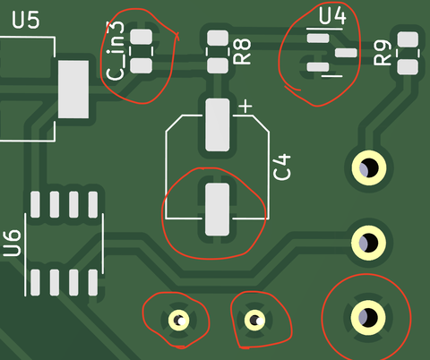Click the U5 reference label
(x=26, y=20)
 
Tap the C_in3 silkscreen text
(x=116, y=51)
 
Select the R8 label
(x=242, y=51)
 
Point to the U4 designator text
(x=332, y=15)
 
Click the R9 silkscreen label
(x=383, y=53)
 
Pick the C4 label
(x=282, y=167)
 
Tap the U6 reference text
(x=13, y=244)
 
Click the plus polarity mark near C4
(x=245, y=107)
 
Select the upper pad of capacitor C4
(x=218, y=124)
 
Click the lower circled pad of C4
(x=218, y=210)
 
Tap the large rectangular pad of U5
(x=73, y=90)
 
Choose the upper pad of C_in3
(x=142, y=37)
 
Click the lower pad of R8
(x=218, y=65)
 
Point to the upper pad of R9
(x=408, y=39)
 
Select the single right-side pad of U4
(x=346, y=53)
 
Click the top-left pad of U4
(x=318, y=39)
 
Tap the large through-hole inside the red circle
(x=368, y=317)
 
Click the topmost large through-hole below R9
(x=369, y=167)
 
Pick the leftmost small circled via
(x=178, y=321)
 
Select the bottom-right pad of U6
(x=93, y=282)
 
